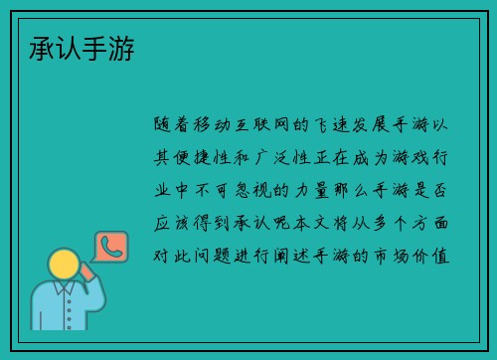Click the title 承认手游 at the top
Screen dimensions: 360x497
(83, 46)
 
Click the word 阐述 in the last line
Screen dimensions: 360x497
(303, 255)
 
